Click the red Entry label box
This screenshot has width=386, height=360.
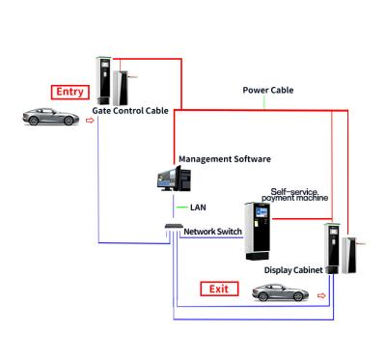(70, 93)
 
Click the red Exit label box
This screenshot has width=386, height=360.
(219, 287)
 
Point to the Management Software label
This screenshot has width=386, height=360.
(224, 158)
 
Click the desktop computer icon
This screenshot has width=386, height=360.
(173, 179)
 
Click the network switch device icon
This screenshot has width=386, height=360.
(173, 228)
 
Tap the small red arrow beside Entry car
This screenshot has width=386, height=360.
(89, 123)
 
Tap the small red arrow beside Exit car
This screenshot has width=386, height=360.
(322, 297)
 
